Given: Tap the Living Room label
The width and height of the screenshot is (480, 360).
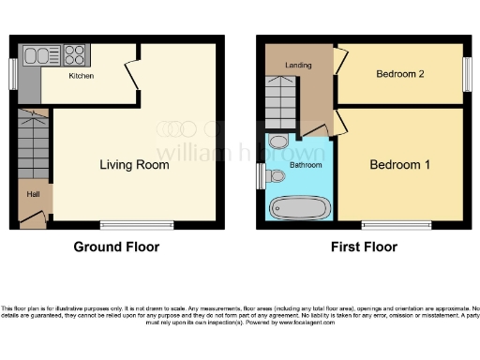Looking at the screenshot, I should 135,165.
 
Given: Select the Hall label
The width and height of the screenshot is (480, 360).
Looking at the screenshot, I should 32,194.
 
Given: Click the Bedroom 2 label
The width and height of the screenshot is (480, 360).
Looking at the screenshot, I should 401,75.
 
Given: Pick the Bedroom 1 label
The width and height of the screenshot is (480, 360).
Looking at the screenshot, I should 400,165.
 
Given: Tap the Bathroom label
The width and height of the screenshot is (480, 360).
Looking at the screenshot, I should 305,165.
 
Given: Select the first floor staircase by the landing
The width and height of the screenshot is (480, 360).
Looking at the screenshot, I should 278,101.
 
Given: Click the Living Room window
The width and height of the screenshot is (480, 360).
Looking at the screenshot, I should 124,224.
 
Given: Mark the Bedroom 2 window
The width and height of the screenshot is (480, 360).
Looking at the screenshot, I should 467,75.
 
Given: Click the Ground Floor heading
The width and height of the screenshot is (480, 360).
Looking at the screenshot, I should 116,247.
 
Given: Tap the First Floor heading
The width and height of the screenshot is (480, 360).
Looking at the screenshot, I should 364,247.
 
